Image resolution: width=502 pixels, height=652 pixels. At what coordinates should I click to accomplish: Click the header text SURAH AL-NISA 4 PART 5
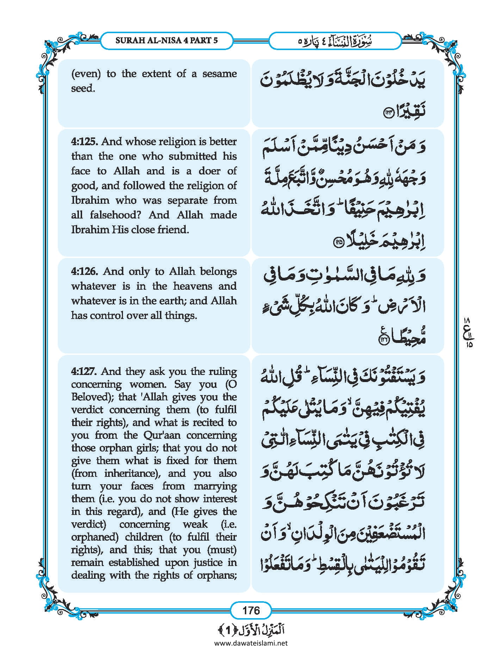tap(167, 40)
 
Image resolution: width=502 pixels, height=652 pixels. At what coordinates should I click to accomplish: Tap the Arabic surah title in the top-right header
tap(335, 41)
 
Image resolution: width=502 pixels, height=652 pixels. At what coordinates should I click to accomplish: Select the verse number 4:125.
tap(85, 142)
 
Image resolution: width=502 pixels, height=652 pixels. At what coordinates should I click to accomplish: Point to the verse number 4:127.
tap(85, 371)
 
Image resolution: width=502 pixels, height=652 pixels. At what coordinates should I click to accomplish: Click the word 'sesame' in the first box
tap(219, 74)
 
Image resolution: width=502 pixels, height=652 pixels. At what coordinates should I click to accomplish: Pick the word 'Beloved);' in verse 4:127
tap(92, 397)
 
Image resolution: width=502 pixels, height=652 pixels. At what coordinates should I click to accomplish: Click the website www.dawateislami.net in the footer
tap(251, 643)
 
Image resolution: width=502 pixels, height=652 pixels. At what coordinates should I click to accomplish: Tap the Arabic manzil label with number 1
tap(251, 630)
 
